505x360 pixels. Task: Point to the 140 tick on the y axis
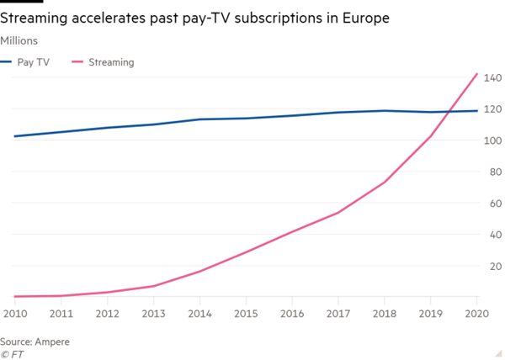[x=492, y=78]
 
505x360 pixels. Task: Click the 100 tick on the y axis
[x=492, y=140]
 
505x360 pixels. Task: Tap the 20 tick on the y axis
[x=494, y=266]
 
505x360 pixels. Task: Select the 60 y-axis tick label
[x=494, y=204]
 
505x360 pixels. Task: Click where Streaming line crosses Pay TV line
[x=451, y=112]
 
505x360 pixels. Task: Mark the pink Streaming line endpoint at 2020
[x=477, y=74]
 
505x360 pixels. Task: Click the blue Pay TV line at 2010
[x=14, y=136]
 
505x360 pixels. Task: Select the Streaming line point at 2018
[x=385, y=182]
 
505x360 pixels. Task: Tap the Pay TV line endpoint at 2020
[x=477, y=111]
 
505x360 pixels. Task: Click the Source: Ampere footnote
[x=35, y=342]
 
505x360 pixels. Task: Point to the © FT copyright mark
[x=12, y=353]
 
